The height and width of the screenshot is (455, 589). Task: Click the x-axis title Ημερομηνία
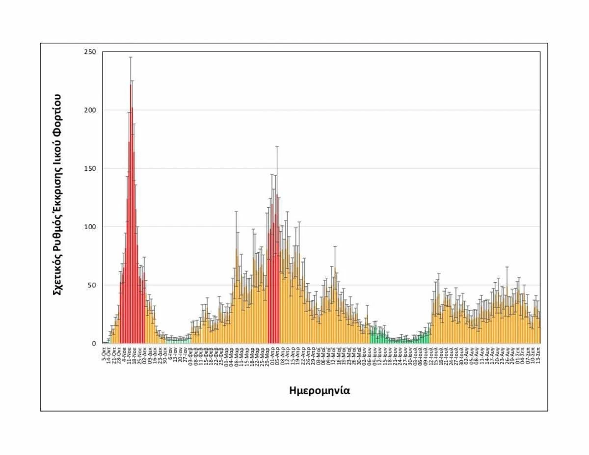[x=320, y=391]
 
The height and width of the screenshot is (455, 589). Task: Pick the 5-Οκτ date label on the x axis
[x=104, y=352]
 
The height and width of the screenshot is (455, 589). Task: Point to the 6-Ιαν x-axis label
[x=170, y=352]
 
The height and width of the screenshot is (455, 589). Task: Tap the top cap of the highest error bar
[x=131, y=57]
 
